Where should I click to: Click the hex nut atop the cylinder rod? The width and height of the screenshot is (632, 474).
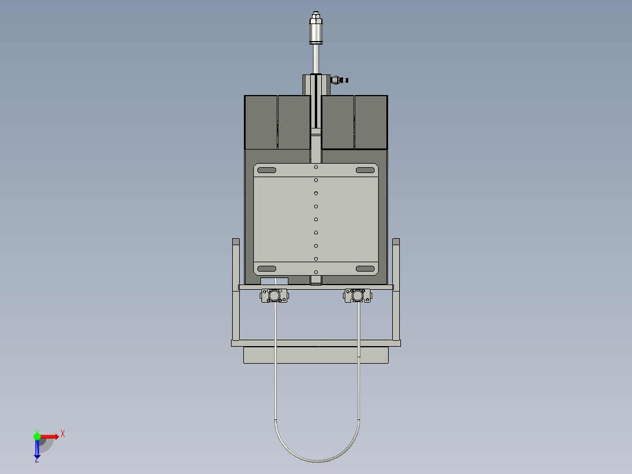pos(316,18)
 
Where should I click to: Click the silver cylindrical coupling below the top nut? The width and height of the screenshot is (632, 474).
pos(316,33)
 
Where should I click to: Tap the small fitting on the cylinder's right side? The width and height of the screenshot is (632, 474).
pos(339,80)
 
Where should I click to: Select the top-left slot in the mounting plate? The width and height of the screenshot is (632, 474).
pos(266,170)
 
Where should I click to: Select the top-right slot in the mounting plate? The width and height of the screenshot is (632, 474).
pos(365,170)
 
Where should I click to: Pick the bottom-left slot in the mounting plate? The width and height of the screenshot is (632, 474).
pos(266,269)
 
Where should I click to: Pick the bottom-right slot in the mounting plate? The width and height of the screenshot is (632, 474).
pos(365,269)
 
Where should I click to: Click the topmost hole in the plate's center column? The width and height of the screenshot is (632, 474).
pos(316,167)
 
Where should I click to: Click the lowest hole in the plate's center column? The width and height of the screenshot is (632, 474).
pos(316,272)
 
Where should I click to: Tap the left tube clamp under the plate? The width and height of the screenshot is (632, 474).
pos(274,295)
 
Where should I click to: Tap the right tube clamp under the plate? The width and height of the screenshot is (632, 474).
pos(358,295)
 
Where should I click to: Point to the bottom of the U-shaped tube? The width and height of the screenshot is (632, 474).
pos(317,461)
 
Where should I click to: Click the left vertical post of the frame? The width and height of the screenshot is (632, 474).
pos(236,290)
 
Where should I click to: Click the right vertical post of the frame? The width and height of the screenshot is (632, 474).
pos(396,290)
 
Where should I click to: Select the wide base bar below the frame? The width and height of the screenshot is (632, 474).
pos(316,355)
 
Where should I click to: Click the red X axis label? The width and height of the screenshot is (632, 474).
pos(62,434)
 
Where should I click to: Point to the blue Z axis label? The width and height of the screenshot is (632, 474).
pos(36,459)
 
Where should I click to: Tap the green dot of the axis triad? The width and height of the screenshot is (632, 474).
pos(38,436)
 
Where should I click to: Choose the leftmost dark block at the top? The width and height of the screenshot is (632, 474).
pos(260,122)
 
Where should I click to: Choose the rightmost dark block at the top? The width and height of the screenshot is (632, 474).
pos(371,122)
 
